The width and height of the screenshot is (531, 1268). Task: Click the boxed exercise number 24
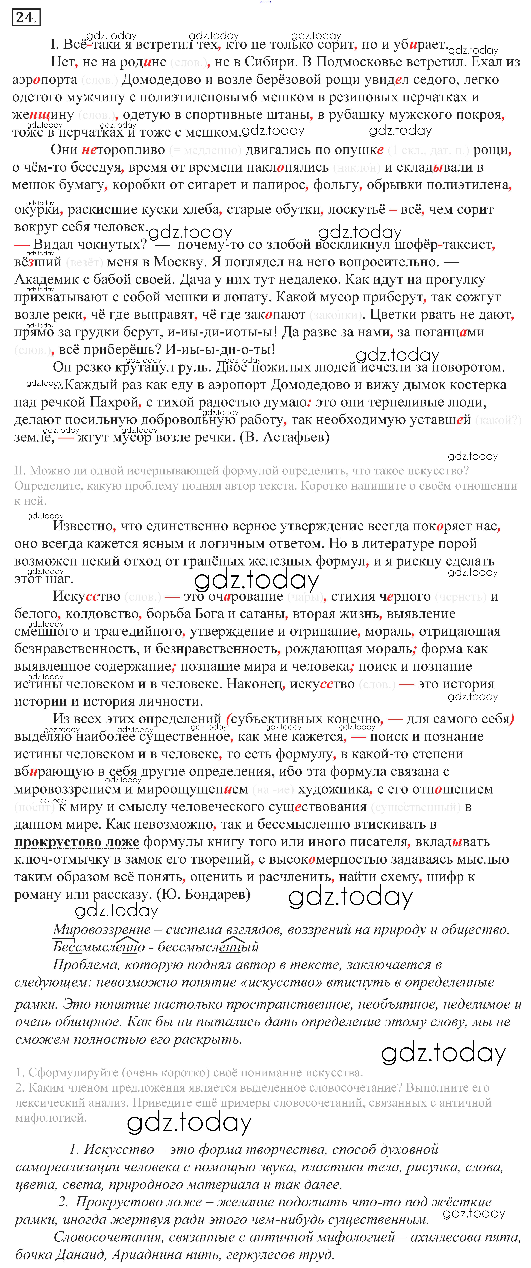coord(26,18)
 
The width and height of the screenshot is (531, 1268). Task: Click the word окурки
coord(37,210)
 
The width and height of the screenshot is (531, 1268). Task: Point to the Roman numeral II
coord(20,471)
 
